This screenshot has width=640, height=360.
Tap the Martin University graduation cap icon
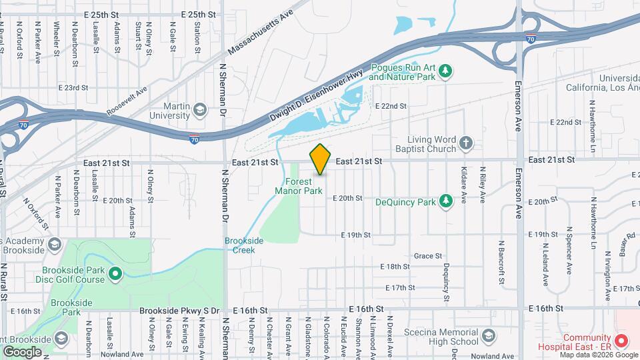point(199,109)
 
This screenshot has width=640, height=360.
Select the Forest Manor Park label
point(299,186)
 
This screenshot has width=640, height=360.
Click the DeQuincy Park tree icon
point(446,201)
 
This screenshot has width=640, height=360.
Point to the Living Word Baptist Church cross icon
point(466,142)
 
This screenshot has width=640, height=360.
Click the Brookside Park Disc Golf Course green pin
point(115,273)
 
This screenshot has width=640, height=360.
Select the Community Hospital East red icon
point(621,341)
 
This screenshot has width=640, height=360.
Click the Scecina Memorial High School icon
point(489,335)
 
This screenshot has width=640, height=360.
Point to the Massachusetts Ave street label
point(260,33)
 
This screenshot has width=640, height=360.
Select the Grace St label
point(428,255)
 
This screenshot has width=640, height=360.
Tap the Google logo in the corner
point(22,351)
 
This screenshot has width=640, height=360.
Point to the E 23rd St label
point(73,87)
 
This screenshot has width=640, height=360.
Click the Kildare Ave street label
point(463,190)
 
